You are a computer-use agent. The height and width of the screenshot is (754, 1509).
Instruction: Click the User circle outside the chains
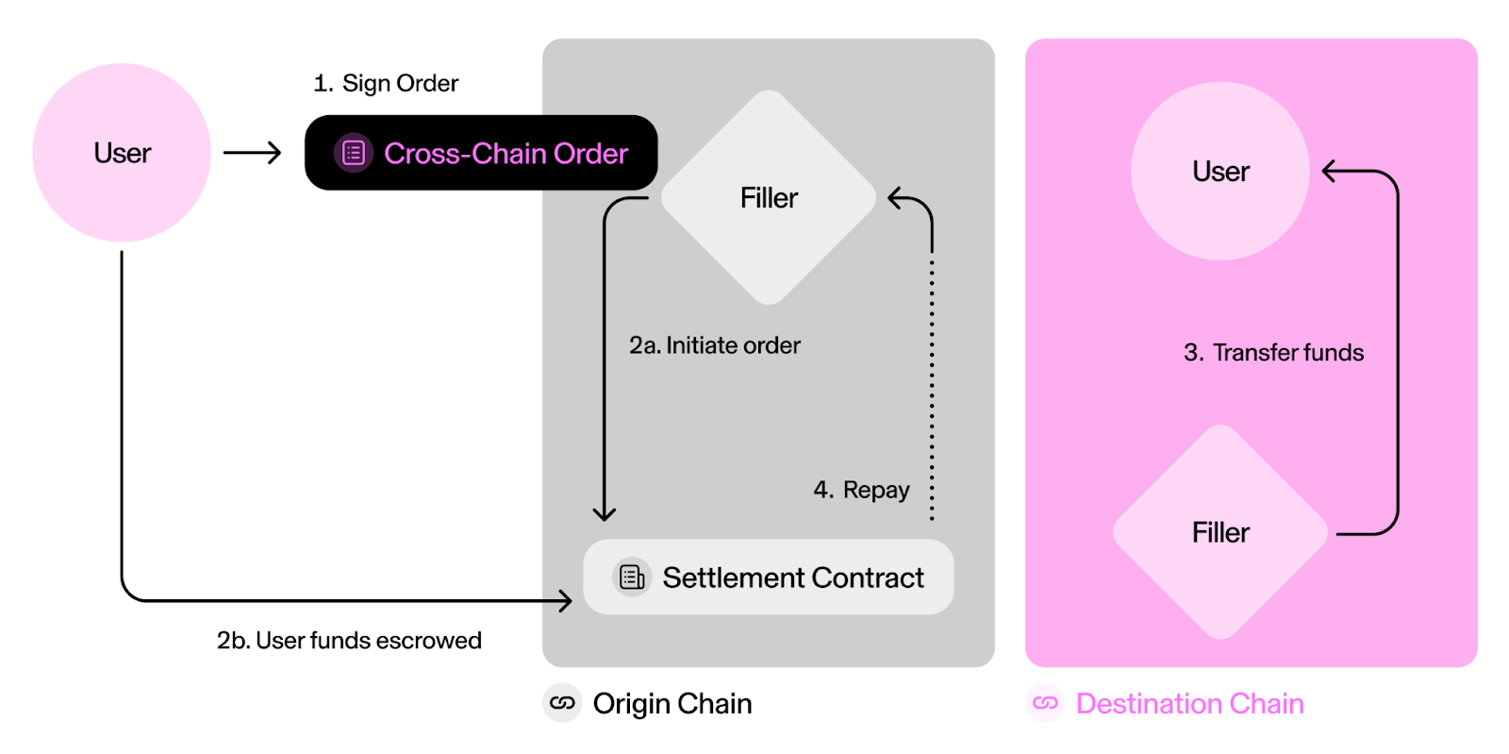point(122,153)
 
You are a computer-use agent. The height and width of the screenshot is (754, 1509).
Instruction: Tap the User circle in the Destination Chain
point(1219,171)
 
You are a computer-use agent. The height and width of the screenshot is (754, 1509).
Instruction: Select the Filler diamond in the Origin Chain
point(769,197)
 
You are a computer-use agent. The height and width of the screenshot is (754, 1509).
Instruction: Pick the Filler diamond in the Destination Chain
point(1219,532)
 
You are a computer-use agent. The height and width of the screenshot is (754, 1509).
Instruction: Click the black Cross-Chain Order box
point(481,153)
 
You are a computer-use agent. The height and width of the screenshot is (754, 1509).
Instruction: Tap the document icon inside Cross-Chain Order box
point(354,153)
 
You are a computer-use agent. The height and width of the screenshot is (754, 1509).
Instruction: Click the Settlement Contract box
point(768,577)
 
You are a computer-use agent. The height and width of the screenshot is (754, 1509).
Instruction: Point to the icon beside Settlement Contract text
point(632,577)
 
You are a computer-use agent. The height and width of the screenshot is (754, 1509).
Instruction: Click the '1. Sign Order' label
point(386,83)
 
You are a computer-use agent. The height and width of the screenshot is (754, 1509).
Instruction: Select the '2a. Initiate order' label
point(714,345)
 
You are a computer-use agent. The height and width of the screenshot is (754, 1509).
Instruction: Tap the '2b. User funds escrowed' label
point(349,640)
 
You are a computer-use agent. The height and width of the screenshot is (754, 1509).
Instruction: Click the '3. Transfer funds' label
point(1273,352)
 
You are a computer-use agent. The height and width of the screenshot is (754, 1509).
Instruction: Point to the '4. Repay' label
point(861,490)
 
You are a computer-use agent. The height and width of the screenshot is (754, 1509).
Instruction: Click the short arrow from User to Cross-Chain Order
point(252,153)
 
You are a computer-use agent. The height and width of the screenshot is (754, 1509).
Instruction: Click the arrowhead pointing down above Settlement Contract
point(604,513)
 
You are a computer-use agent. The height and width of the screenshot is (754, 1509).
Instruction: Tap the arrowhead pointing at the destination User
point(1330,171)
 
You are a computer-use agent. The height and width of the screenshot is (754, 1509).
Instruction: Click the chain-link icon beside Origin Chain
point(562,703)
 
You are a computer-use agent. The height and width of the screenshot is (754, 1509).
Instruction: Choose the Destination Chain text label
point(1189,703)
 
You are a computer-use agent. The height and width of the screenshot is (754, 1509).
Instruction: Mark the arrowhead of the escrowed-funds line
point(565,600)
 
